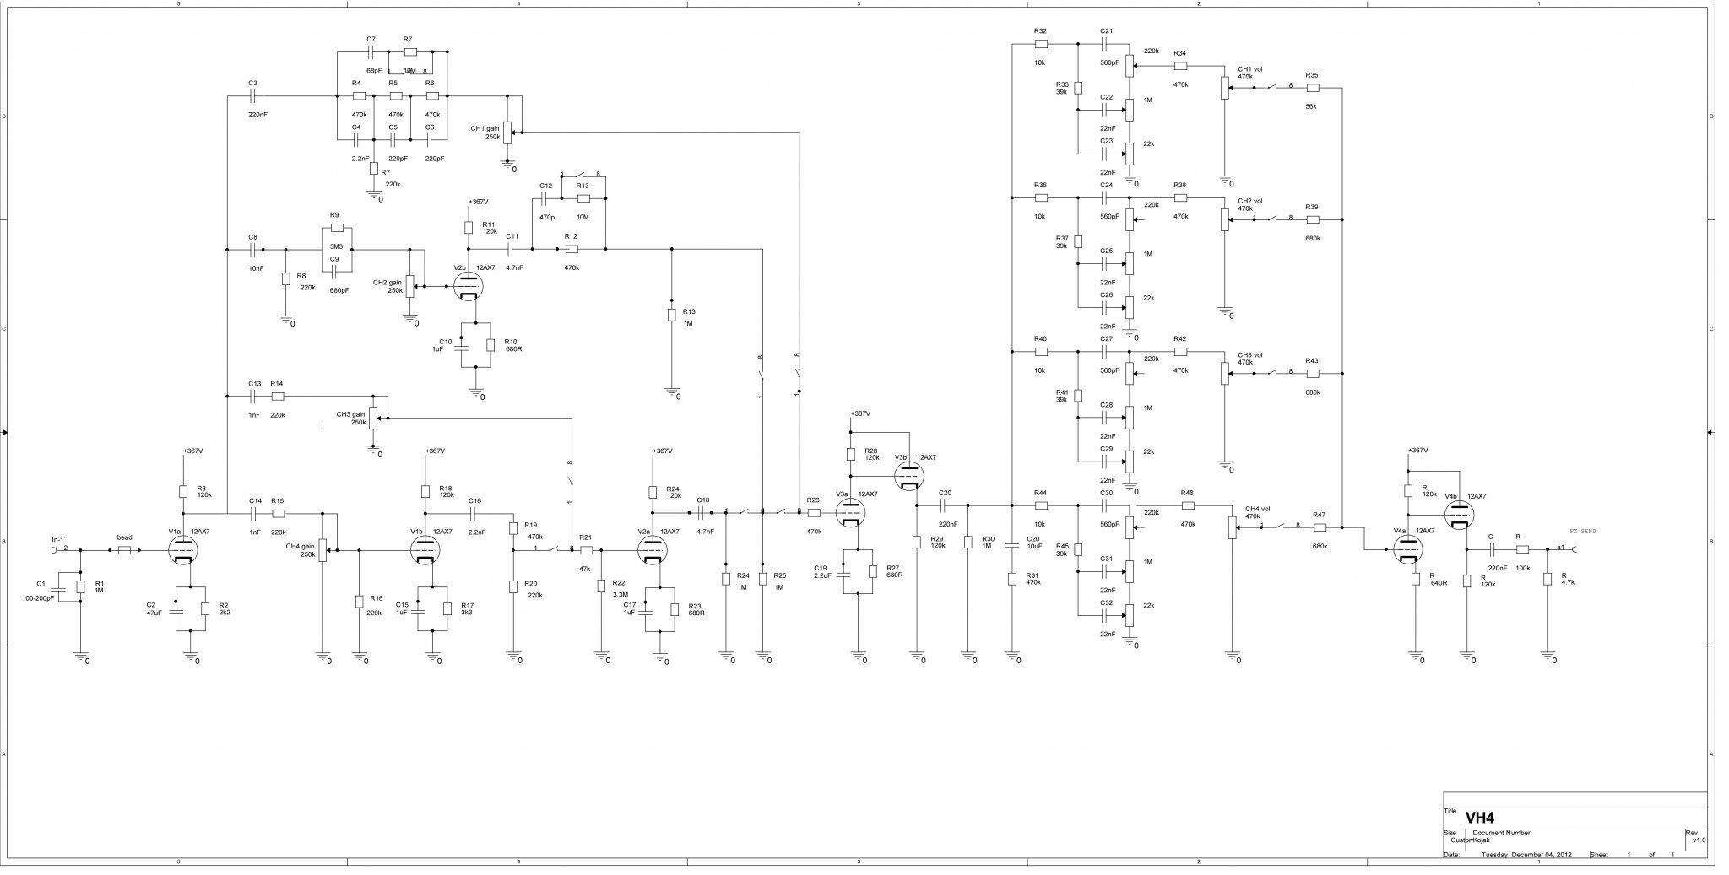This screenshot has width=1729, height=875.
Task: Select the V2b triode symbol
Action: (468, 286)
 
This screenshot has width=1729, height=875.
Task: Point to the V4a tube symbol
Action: (1407, 550)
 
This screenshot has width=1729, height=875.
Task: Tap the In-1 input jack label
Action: (57, 539)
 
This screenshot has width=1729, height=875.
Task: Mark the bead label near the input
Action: (124, 537)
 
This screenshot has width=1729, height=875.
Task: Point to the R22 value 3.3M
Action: (620, 594)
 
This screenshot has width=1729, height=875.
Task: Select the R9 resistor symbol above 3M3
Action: (337, 228)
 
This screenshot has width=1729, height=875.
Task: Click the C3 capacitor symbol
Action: (252, 96)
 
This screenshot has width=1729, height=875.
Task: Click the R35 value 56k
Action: (1311, 105)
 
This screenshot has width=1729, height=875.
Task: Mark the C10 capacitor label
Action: (446, 342)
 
